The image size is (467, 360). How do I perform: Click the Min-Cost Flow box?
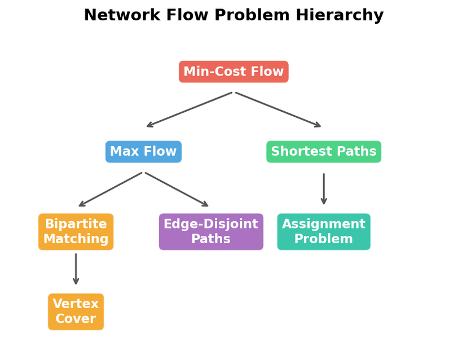(233, 72)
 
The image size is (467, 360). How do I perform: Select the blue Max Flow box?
(143, 152)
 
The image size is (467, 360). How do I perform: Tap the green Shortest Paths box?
(323, 152)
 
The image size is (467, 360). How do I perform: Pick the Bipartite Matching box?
(76, 231)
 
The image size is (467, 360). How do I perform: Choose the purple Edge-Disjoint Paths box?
(211, 231)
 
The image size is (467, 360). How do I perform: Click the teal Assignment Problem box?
(323, 231)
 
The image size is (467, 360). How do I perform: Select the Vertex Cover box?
(76, 311)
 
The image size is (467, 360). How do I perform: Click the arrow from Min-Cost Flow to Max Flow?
(189, 109)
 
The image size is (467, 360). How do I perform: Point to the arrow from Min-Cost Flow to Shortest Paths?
(278, 109)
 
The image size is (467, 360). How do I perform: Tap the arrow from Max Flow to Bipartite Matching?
(111, 189)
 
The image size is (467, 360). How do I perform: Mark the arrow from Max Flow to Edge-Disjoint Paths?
(177, 189)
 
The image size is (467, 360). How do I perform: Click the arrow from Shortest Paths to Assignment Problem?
(324, 189)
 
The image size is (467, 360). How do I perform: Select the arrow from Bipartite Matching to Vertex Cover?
(76, 269)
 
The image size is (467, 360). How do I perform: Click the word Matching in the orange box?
(76, 239)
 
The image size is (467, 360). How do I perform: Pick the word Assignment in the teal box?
(323, 224)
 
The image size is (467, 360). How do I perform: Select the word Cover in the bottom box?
(76, 319)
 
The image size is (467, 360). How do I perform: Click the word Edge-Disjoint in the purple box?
(211, 224)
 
